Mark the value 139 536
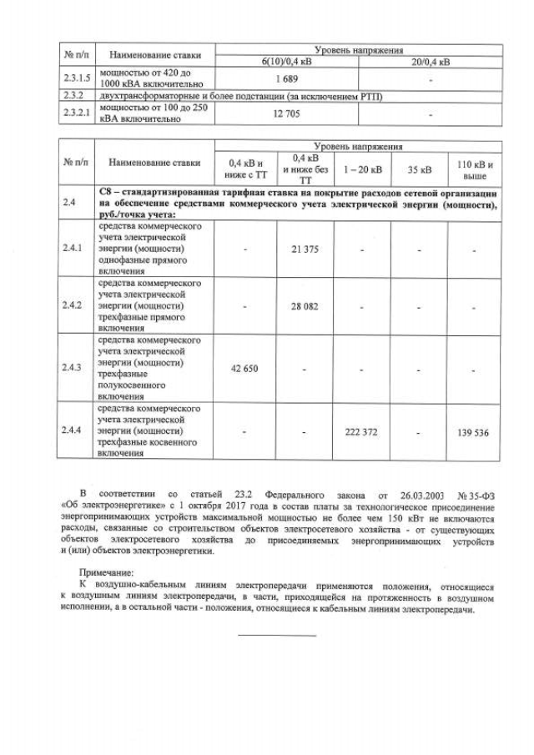(473, 431)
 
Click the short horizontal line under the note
(277, 637)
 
